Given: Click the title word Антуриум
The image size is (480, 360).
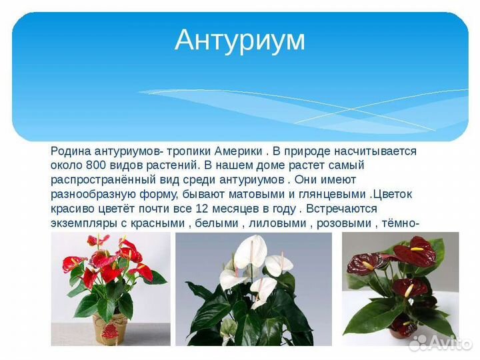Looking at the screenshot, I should (239, 40).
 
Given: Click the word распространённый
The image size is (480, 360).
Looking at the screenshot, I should (97, 181).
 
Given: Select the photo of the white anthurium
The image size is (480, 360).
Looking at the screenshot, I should (253, 289).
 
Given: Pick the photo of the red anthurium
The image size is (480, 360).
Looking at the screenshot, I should (111, 288).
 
